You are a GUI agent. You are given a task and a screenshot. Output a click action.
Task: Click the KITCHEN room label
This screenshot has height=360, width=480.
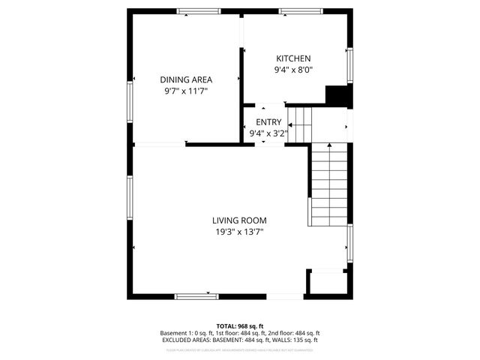(x=293, y=58)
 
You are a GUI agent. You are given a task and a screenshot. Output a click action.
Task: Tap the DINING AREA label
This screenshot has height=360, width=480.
(x=186, y=79)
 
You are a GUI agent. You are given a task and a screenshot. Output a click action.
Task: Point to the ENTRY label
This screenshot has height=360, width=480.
(x=268, y=122)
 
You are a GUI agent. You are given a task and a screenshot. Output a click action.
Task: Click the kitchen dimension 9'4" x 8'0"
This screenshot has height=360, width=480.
(x=293, y=70)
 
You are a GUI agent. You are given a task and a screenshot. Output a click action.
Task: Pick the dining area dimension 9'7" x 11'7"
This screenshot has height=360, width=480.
(x=186, y=91)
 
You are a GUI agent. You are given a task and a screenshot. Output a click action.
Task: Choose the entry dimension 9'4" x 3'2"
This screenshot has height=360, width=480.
(x=268, y=133)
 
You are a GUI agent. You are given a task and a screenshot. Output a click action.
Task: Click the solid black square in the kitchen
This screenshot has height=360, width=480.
(x=338, y=97)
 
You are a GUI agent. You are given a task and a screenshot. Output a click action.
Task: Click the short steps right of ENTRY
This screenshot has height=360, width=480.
(x=301, y=122)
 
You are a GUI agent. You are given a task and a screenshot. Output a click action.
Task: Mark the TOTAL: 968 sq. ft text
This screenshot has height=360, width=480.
(x=240, y=326)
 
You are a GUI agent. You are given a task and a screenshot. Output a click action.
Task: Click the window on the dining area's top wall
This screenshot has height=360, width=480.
(x=193, y=11)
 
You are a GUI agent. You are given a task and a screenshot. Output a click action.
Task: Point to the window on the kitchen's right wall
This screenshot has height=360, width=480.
(x=349, y=66)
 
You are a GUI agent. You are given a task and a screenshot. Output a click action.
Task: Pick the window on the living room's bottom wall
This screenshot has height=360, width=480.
(x=197, y=296)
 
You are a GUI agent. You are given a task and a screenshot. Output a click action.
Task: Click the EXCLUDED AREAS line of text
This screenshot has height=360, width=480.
(x=240, y=340)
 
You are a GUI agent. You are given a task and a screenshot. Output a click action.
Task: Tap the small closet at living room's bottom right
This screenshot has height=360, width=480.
(x=326, y=283)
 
